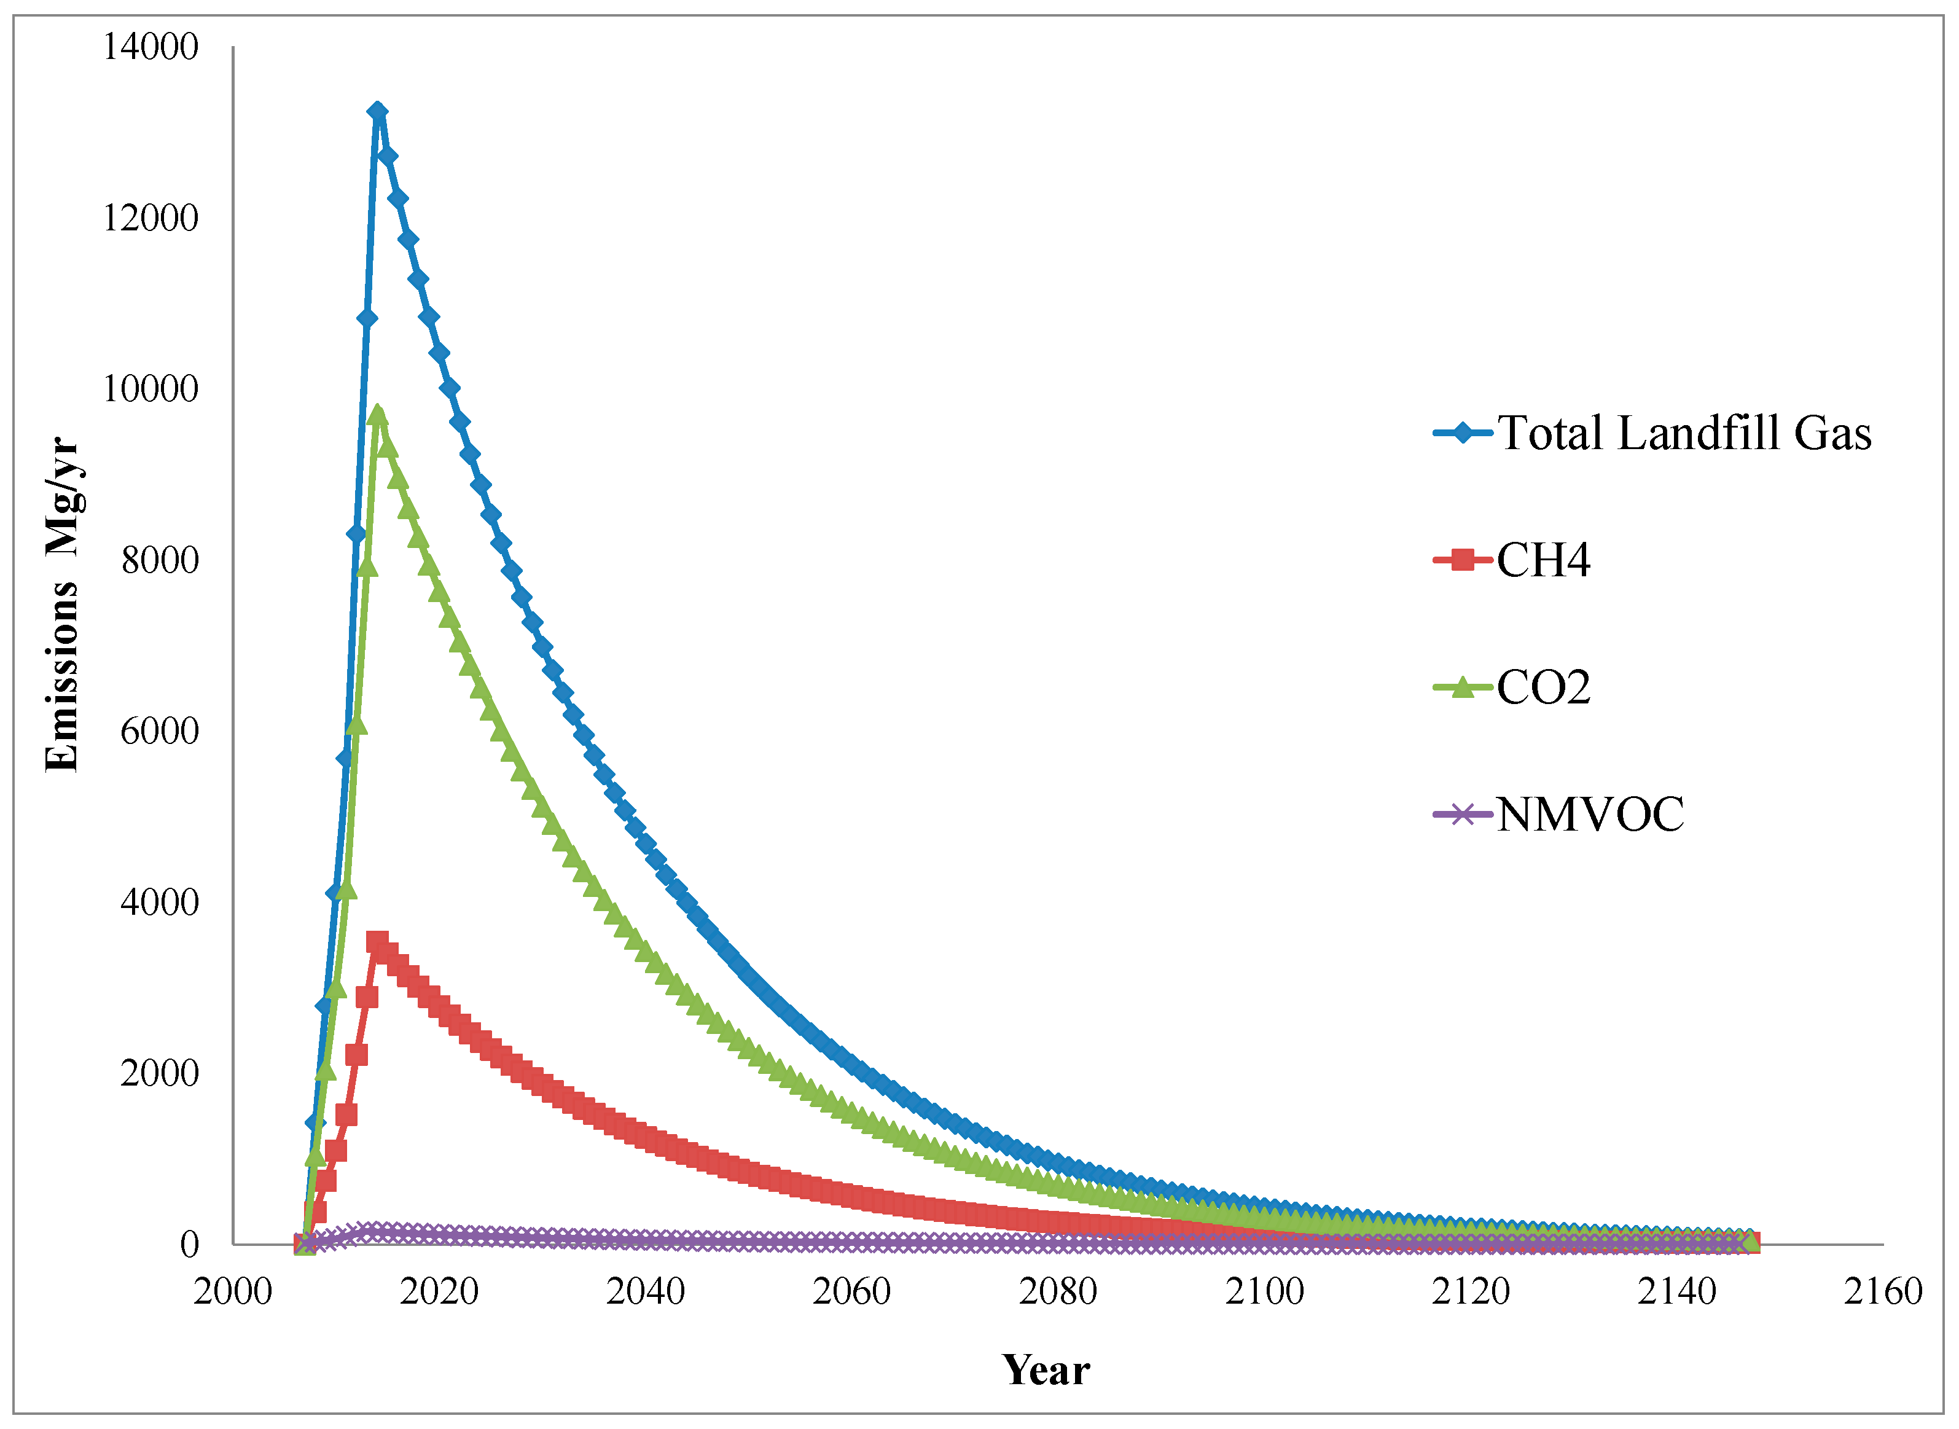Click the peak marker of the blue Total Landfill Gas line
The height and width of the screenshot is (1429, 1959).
(377, 112)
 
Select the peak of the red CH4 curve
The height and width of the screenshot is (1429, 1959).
(377, 942)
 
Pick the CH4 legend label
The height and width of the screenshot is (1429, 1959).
(1543, 560)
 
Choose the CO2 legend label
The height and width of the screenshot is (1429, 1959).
(1543, 687)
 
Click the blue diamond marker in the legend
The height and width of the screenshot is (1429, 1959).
(1463, 432)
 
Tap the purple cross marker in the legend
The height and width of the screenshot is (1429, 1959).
(1463, 815)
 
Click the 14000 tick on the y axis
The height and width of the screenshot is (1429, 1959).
(151, 47)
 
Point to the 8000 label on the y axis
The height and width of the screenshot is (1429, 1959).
(160, 560)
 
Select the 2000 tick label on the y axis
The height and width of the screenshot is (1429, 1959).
(160, 1073)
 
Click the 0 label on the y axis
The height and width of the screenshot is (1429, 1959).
(189, 1245)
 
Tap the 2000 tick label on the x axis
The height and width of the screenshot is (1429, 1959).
(233, 1291)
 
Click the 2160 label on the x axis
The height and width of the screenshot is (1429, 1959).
(1883, 1291)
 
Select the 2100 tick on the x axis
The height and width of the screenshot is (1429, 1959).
(1264, 1291)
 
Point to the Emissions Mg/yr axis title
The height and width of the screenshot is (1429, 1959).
(62, 605)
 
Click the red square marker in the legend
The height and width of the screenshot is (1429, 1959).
(1463, 560)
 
